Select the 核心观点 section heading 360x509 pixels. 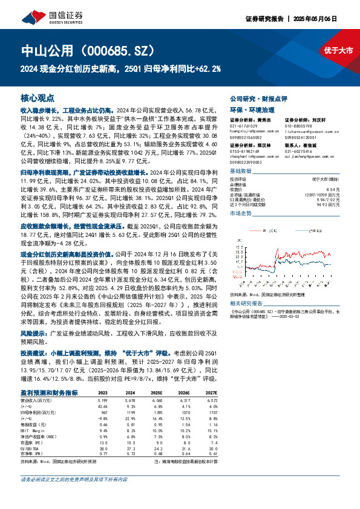pos(38,97)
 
